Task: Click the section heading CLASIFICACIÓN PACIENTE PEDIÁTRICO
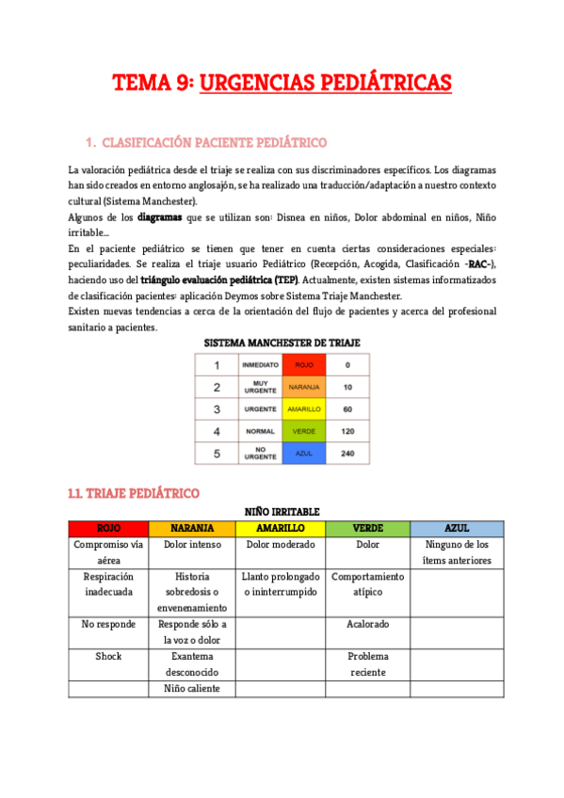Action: coord(213,143)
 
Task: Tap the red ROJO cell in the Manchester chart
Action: coord(303,364)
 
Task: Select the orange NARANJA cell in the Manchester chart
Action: coord(303,387)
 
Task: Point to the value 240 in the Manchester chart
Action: coord(347,453)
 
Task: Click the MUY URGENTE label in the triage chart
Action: coord(259,387)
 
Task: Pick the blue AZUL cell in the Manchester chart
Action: coord(303,453)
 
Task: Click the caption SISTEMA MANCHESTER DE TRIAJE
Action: coord(282,343)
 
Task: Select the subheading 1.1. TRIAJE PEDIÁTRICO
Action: coord(133,492)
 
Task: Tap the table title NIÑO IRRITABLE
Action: coord(282,511)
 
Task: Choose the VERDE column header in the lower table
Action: coord(367,528)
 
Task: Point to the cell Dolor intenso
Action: coord(195,544)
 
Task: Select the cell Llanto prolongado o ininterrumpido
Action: coord(282,583)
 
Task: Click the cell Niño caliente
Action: coord(195,688)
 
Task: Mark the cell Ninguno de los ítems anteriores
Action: coord(457,551)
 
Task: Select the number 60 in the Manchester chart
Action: coord(347,409)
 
